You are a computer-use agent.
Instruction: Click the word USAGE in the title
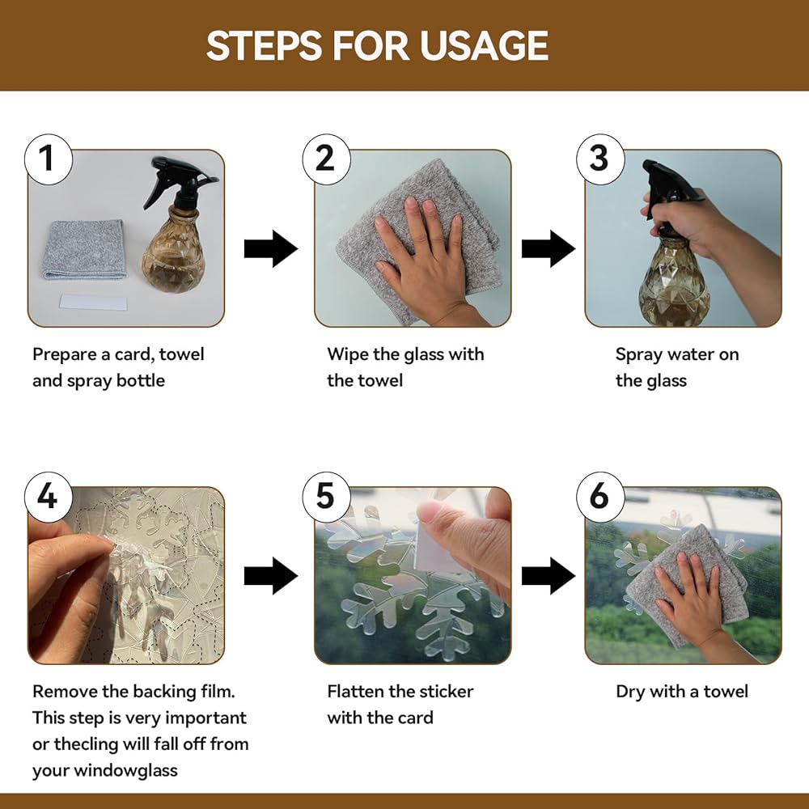484,45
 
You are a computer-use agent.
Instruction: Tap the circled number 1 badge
48,159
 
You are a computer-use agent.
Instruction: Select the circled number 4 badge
48,497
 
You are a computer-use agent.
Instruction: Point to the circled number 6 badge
600,497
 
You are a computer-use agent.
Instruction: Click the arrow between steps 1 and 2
271,248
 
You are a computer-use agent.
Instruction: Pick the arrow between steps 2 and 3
549,248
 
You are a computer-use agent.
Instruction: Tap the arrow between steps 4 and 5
271,576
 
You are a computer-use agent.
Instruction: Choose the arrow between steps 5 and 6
549,576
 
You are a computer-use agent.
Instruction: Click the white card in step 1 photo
93,302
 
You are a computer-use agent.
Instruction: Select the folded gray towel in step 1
84,249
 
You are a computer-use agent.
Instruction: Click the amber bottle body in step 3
674,282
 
